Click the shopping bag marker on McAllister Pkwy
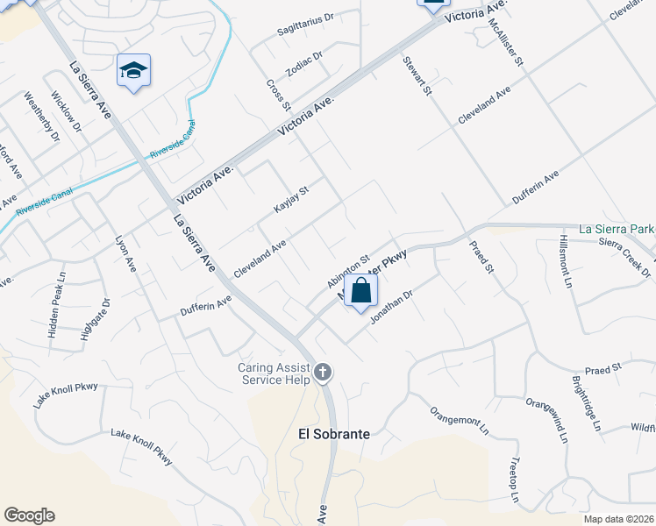coord(360,291)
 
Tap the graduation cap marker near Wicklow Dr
coord(133,70)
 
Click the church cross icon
coord(322,373)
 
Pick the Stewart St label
coord(418,76)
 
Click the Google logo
coord(30,515)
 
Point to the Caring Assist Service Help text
coord(274,373)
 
